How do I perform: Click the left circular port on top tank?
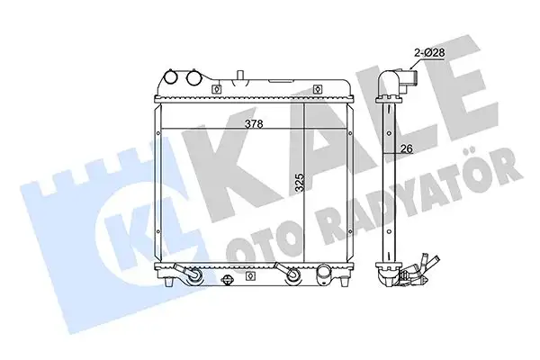coord(173,78)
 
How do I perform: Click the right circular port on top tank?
coord(193,78)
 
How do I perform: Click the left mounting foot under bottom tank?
coord(168,283)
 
